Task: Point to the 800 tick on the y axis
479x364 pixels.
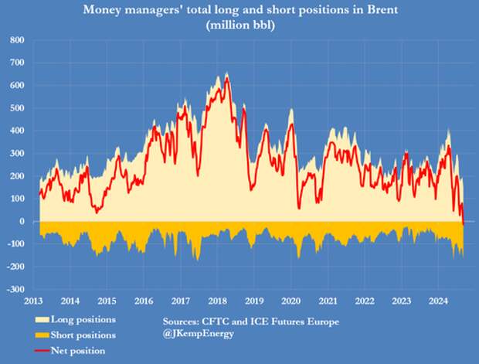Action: pos(16,40)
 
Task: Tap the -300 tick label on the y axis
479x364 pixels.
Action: pos(14,289)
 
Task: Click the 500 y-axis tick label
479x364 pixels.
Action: pos(16,108)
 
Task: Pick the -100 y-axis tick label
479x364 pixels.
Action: pos(14,244)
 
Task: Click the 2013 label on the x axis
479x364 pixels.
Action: pos(34,301)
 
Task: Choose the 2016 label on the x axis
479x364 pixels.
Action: pos(144,301)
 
